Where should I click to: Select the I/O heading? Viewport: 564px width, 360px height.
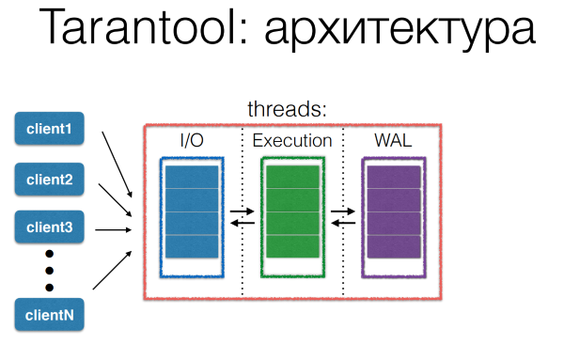click(193, 141)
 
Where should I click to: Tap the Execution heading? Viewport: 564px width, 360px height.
click(292, 141)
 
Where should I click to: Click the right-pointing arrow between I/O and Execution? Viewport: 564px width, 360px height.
click(243, 214)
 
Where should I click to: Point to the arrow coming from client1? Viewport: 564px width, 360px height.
click(117, 160)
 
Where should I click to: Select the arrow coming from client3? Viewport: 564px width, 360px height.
click(117, 227)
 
